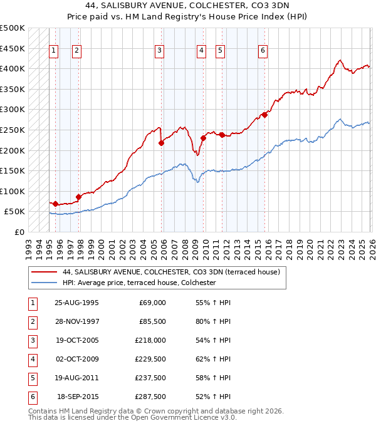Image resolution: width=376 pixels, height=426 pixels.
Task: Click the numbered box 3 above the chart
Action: click(160, 51)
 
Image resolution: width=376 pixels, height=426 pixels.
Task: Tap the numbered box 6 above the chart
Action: click(263, 51)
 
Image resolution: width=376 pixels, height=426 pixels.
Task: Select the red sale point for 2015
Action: click(264, 114)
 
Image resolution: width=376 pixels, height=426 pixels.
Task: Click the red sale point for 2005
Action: click(162, 143)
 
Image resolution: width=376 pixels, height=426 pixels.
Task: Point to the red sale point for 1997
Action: click(79, 197)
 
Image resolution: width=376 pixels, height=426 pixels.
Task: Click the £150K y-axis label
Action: click(13, 170)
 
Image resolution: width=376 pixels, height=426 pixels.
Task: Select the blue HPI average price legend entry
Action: click(139, 283)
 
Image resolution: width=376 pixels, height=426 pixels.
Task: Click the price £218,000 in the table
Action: click(151, 341)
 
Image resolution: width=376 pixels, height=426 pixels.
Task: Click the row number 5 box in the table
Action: click(31, 378)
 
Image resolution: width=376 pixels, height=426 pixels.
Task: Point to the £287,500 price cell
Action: click(151, 397)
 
